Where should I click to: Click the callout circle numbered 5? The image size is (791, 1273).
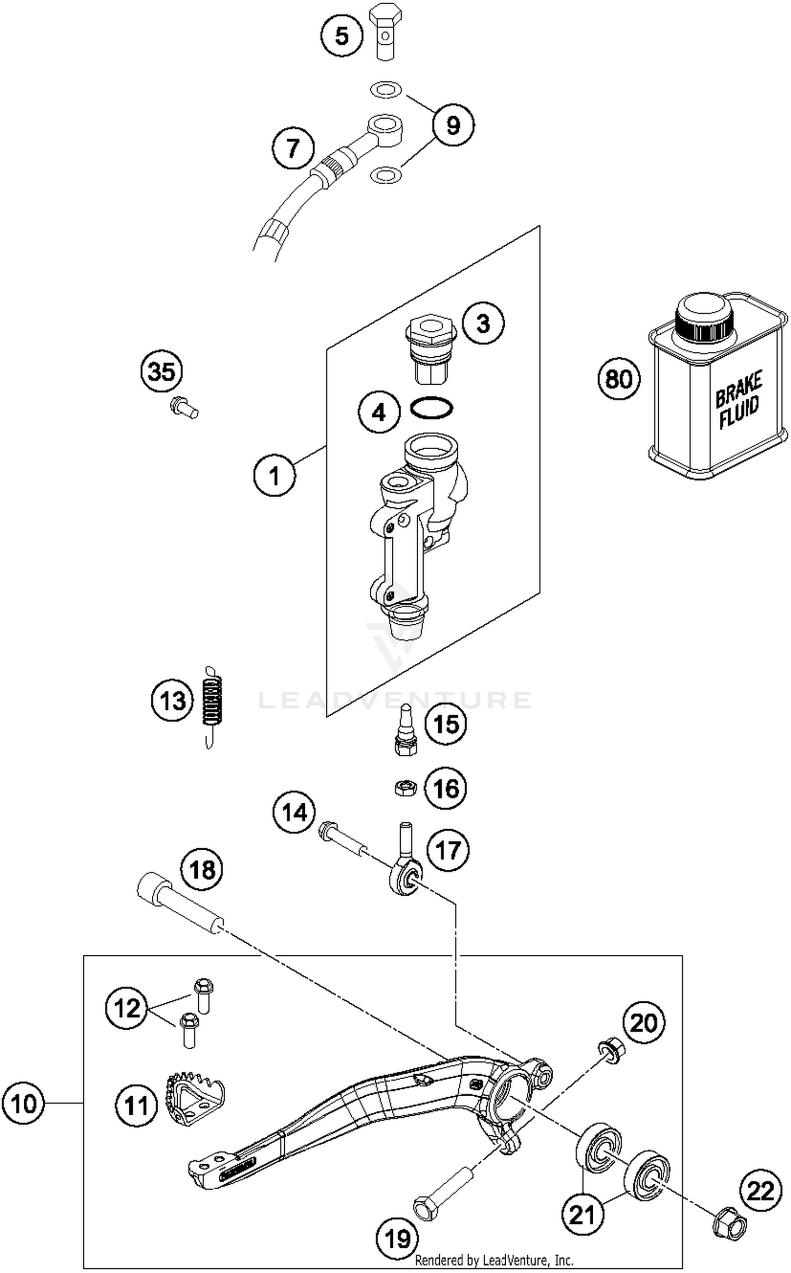[342, 36]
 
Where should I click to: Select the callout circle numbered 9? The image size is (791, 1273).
[452, 126]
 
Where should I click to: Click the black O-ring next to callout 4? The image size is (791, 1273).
[431, 408]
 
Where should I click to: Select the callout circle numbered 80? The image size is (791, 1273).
[619, 379]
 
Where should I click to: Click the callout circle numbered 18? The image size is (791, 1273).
[201, 869]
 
